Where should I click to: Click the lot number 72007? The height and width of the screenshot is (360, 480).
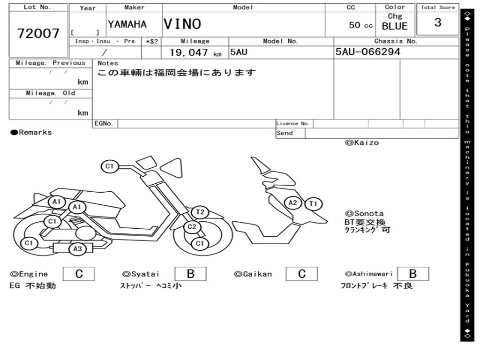(38, 33)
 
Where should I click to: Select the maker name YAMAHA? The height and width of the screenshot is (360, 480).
(127, 24)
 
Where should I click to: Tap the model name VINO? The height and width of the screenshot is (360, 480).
(182, 24)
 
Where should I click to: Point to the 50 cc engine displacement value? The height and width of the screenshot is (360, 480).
(360, 25)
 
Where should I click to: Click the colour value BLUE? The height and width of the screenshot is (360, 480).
(395, 26)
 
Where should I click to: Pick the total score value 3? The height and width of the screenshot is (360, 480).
(437, 22)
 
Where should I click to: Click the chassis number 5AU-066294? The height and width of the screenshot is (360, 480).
(368, 52)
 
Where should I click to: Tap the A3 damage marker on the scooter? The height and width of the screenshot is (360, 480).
(77, 249)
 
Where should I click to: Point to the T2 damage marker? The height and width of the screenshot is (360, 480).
(200, 212)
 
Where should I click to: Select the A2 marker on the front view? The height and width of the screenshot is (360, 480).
(293, 202)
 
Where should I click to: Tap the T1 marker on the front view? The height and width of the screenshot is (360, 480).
(313, 204)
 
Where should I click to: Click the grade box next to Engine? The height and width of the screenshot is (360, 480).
(79, 274)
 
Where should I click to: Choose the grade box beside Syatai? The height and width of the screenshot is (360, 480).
(191, 274)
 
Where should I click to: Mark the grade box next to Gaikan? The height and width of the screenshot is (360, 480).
(302, 274)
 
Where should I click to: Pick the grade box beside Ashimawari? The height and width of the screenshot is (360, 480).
(412, 274)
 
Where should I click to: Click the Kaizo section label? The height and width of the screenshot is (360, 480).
(362, 142)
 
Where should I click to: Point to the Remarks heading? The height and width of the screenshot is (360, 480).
(31, 133)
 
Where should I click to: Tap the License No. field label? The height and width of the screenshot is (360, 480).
(293, 124)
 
